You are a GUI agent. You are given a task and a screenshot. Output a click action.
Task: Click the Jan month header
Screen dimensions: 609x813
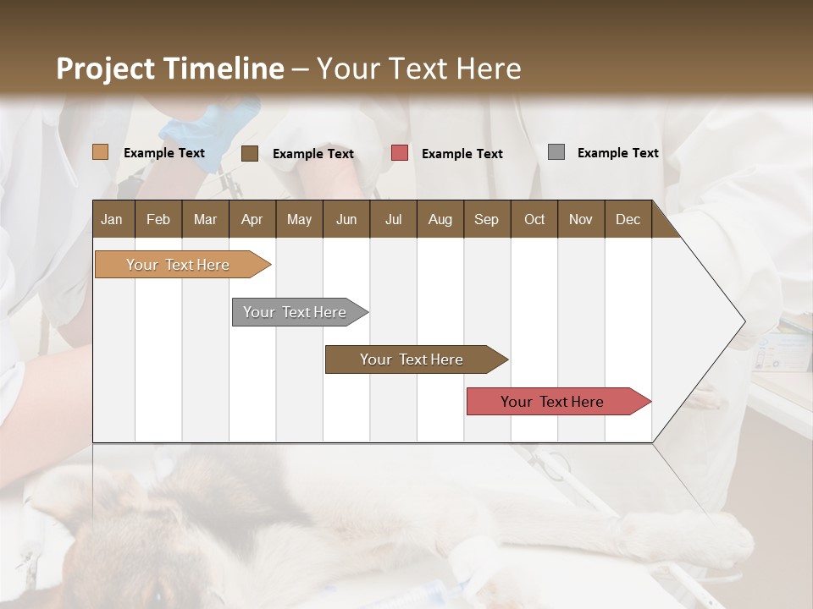click(x=112, y=219)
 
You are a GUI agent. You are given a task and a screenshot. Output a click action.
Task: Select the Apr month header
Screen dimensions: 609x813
click(x=252, y=219)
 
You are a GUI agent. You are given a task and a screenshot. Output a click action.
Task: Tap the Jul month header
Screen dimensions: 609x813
click(x=393, y=219)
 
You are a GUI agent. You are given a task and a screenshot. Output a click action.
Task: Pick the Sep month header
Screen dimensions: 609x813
click(x=486, y=219)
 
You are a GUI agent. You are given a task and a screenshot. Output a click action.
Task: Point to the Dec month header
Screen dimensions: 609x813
click(x=628, y=219)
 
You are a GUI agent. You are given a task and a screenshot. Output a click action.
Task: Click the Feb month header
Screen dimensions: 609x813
click(x=158, y=219)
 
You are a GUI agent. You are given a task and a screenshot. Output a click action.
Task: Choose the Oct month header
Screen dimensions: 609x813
click(x=534, y=219)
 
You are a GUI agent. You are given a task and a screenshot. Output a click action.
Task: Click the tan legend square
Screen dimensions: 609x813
click(x=100, y=152)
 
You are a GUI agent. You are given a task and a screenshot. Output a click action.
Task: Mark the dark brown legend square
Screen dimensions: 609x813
click(x=249, y=153)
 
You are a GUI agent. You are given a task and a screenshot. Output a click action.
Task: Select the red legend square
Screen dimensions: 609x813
click(x=400, y=153)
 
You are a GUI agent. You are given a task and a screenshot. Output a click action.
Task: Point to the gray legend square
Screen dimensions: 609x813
click(x=556, y=152)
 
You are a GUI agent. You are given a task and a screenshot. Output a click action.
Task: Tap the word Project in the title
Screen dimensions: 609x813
click(x=105, y=69)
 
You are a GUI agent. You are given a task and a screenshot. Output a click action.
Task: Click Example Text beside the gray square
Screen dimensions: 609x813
click(x=617, y=152)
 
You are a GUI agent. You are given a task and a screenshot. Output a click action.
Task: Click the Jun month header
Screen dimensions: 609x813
click(x=346, y=219)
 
